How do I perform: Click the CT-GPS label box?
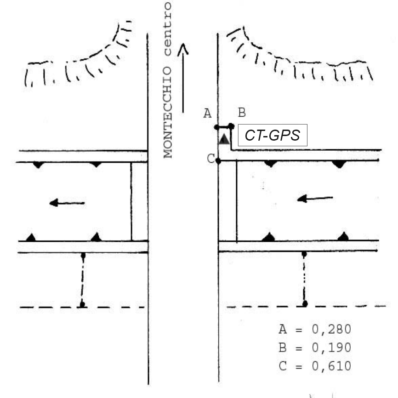click(x=272, y=136)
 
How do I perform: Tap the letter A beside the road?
click(x=207, y=113)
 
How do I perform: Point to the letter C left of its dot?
click(x=210, y=159)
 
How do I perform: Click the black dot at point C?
click(x=218, y=161)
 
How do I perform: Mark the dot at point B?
click(x=232, y=126)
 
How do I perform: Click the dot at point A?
click(x=216, y=127)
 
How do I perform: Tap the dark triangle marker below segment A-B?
click(x=224, y=139)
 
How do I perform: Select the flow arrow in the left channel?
click(x=67, y=202)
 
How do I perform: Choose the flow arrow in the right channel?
click(x=315, y=198)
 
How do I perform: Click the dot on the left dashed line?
click(x=82, y=304)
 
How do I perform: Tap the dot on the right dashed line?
click(x=304, y=304)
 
